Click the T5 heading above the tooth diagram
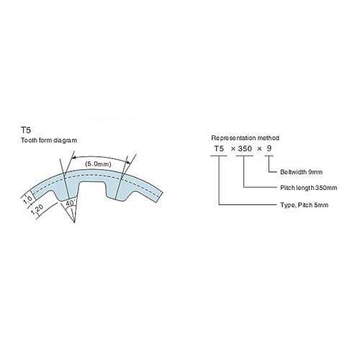click(26, 130)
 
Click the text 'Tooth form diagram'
click(49, 140)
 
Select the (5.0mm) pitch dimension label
click(98, 164)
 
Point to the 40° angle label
click(70, 203)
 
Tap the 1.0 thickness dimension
click(28, 199)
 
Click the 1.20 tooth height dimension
click(37, 210)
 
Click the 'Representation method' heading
click(245, 138)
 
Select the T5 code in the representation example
click(219, 148)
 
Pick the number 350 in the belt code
click(245, 148)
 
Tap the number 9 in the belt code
click(269, 148)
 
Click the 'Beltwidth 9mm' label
click(301, 172)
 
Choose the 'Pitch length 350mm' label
click(309, 187)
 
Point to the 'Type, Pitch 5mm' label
click(305, 205)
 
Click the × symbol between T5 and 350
click(233, 149)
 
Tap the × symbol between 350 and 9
click(259, 149)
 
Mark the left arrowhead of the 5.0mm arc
click(74, 158)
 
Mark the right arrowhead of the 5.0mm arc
click(128, 163)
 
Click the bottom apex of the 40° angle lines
click(75, 222)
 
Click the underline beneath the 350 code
click(244, 156)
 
